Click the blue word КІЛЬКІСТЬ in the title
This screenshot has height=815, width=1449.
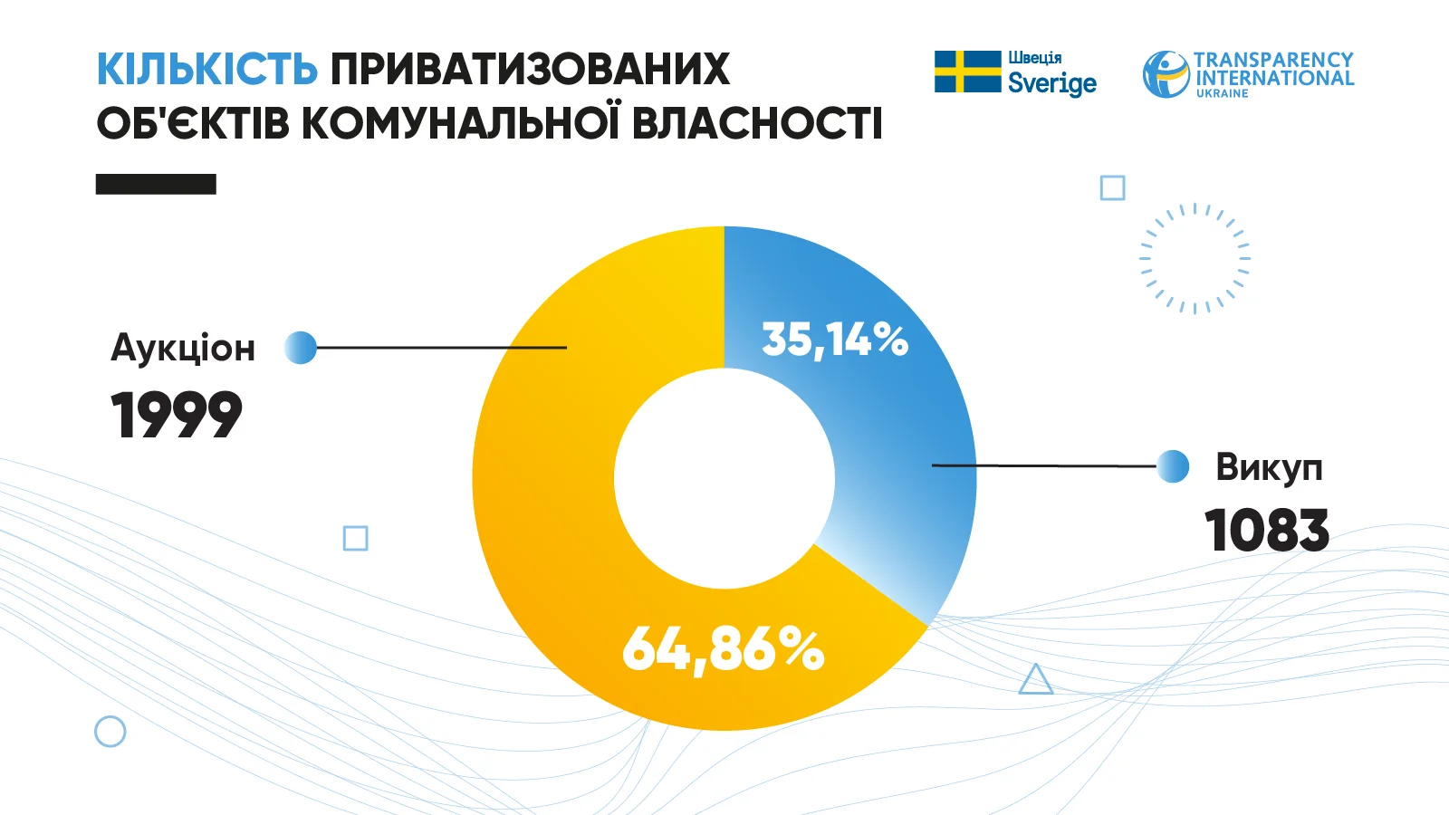pyautogui.click(x=206, y=70)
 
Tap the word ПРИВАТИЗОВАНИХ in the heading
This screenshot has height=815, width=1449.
pyautogui.click(x=530, y=70)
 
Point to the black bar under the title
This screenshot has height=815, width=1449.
pyautogui.click(x=156, y=184)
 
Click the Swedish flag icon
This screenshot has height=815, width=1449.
pyautogui.click(x=967, y=72)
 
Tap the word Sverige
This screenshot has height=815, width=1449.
pyautogui.click(x=1052, y=83)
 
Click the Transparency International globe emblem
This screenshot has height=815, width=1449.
pyautogui.click(x=1166, y=74)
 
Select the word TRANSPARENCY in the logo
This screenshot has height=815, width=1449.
pyautogui.click(x=1273, y=60)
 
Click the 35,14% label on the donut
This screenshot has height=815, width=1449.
pyautogui.click(x=834, y=340)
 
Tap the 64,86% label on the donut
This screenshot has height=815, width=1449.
pyautogui.click(x=723, y=649)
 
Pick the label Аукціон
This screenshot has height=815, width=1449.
pyautogui.click(x=183, y=348)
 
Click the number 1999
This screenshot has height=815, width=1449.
pyautogui.click(x=177, y=416)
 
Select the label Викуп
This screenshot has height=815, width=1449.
pyautogui.click(x=1269, y=467)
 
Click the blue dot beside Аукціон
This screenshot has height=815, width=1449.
pyautogui.click(x=301, y=348)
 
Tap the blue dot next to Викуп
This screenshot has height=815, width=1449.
pyautogui.click(x=1173, y=466)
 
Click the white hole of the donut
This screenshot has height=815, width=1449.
pyautogui.click(x=724, y=478)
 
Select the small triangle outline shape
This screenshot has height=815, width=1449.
pyautogui.click(x=1035, y=680)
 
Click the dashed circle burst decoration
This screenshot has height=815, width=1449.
pyautogui.click(x=1195, y=258)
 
